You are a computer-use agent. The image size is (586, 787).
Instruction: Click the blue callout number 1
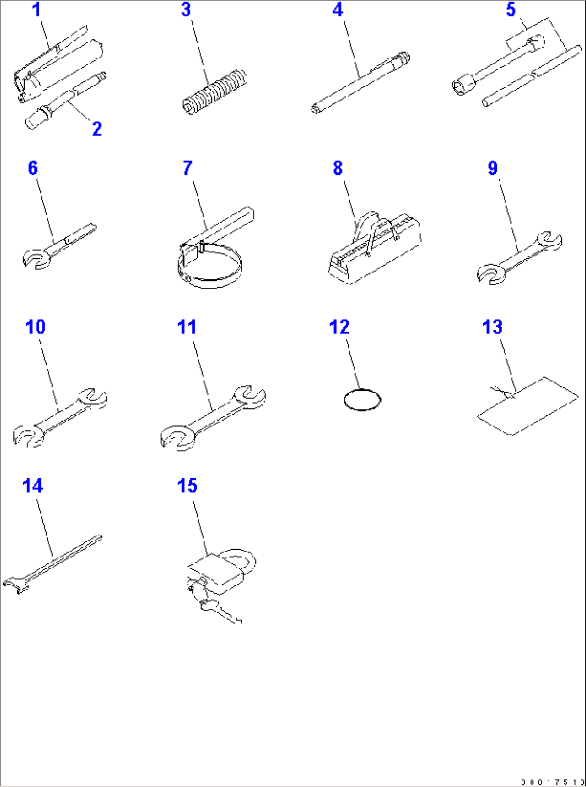37,10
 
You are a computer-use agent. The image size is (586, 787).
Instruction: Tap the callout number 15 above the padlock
187,486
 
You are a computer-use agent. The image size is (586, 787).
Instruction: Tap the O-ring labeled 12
362,400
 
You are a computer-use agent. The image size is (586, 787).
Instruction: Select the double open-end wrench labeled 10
59,417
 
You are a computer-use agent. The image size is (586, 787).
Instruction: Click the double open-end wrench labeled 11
212,417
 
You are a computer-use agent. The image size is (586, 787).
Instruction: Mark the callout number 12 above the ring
339,327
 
